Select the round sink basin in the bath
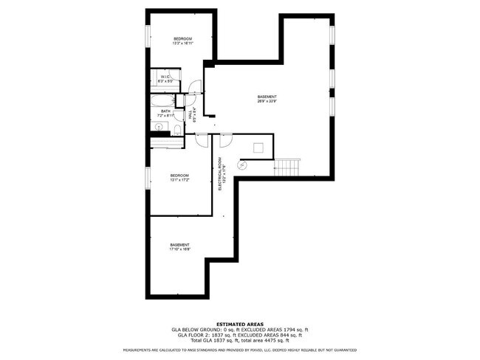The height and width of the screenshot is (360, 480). [x=158, y=127]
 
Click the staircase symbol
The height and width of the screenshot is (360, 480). [x=288, y=167]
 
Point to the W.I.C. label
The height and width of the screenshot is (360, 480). [x=165, y=76]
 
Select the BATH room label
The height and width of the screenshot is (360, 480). [x=165, y=111]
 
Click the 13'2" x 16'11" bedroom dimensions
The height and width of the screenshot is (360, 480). [x=182, y=44]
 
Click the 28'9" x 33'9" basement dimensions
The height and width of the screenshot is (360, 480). [x=267, y=101]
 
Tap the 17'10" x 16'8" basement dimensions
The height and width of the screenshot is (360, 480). [x=180, y=249]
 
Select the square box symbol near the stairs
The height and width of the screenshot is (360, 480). [x=258, y=148]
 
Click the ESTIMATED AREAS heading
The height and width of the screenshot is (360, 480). [x=241, y=323]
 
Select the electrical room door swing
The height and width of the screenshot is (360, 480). [x=226, y=139]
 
